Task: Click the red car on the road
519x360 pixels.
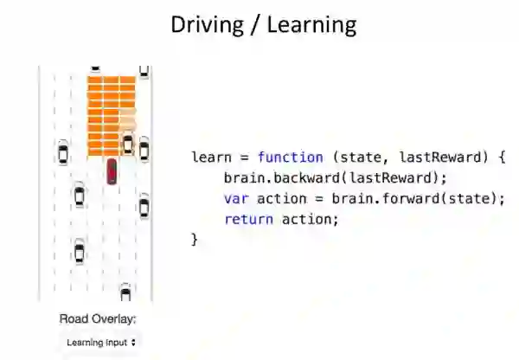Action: point(112,170)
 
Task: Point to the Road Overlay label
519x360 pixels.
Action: point(98,318)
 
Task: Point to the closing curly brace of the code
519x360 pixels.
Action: point(195,239)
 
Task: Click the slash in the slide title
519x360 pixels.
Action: point(258,24)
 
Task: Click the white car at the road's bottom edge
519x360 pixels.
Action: point(125,293)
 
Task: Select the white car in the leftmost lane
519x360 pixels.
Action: point(62,152)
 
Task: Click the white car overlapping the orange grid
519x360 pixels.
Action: point(128,143)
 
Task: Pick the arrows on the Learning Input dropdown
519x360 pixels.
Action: point(133,343)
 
